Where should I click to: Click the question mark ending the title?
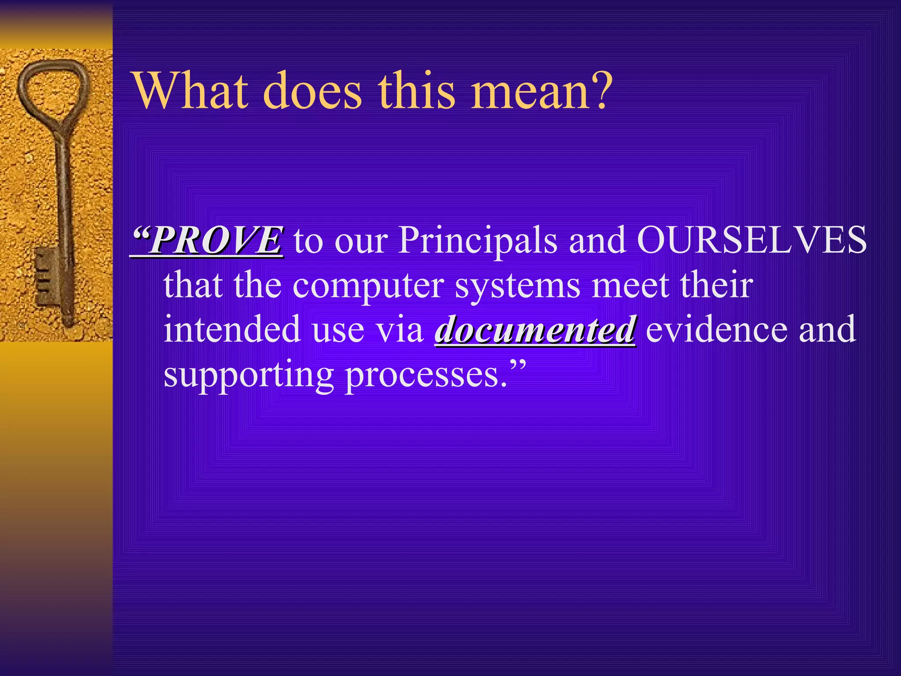[x=599, y=90]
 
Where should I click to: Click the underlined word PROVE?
[x=216, y=240]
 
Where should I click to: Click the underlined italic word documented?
[x=535, y=329]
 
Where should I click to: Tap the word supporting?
[x=249, y=375]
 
